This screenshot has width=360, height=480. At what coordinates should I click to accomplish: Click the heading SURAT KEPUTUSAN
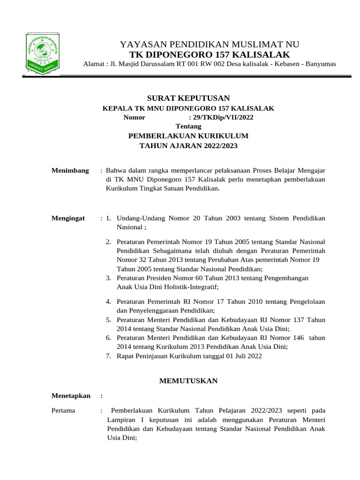pos(188,98)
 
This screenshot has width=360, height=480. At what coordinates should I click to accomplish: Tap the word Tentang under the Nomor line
pos(188,127)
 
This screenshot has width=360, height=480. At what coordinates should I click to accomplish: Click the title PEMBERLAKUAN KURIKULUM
pos(188,136)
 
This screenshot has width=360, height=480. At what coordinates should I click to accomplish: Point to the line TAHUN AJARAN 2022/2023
pos(188,146)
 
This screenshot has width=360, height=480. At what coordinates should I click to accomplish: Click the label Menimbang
pos(70,170)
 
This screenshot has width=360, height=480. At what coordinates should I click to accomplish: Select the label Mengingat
pos(68,218)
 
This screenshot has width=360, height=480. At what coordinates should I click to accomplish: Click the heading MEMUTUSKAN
pos(188,381)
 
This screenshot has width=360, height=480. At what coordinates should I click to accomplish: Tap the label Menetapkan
pos(70,396)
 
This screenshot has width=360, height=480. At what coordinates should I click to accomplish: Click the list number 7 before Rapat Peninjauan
pos(108,356)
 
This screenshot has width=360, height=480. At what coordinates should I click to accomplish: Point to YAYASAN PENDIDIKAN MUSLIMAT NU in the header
pos(210,45)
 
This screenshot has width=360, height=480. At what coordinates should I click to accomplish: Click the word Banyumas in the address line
pos(321,64)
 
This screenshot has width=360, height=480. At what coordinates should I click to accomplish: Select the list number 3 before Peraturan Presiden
pos(108,278)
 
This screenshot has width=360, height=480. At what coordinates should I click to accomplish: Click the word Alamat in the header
pos(93,64)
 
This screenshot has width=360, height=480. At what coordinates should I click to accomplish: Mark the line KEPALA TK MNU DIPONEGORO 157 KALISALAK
pos(188,108)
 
